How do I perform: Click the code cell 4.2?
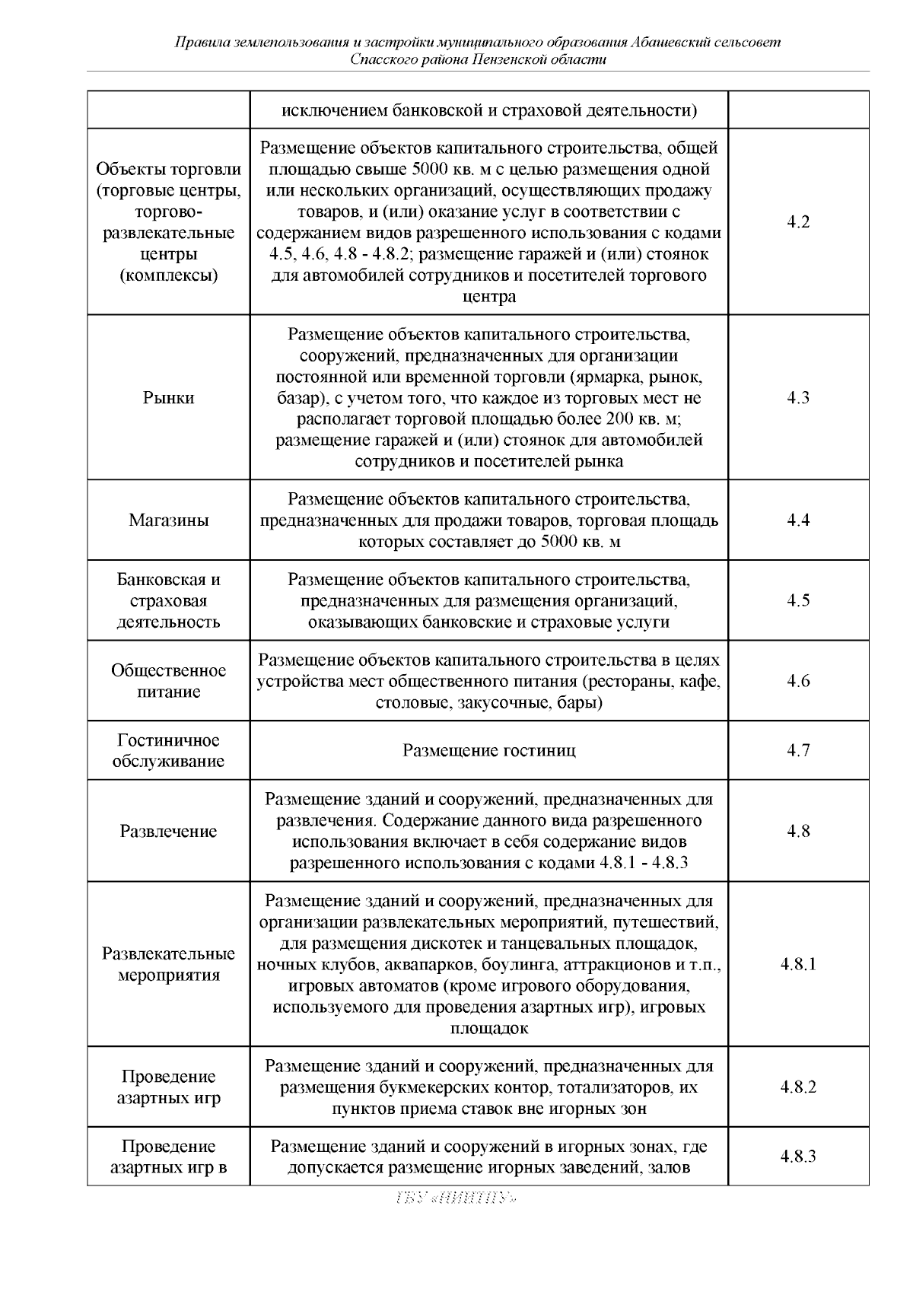click(798, 222)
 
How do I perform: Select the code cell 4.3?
click(798, 397)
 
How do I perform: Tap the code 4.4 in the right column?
click(798, 520)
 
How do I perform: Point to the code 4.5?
click(798, 600)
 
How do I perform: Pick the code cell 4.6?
click(798, 681)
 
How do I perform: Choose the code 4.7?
click(798, 750)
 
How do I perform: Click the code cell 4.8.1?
click(798, 965)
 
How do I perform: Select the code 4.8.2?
click(798, 1087)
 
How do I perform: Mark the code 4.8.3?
click(798, 1157)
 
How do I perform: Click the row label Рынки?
click(168, 398)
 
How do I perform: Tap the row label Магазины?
click(168, 520)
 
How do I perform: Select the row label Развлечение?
click(168, 831)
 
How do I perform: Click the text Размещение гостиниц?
click(488, 750)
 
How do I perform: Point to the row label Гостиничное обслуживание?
click(168, 751)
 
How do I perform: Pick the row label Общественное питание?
click(168, 681)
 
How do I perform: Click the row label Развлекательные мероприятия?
click(168, 965)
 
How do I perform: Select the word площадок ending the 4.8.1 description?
click(489, 1029)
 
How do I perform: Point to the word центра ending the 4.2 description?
click(489, 297)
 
